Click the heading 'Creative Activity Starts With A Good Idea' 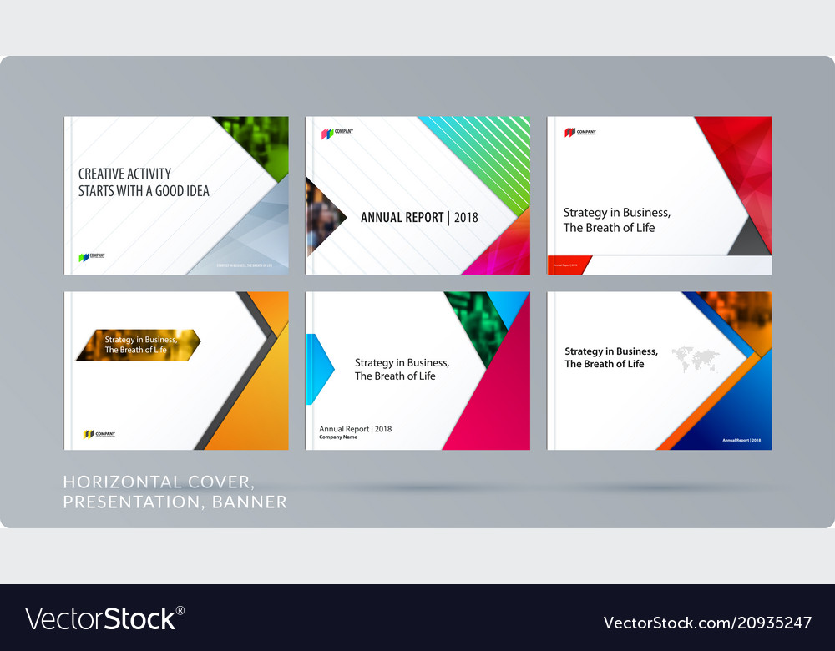point(144,182)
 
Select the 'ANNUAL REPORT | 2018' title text point(419,218)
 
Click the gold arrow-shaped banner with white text point(138,345)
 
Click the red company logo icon point(569,132)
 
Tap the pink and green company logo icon point(327,132)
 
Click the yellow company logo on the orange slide point(88,434)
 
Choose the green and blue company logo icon point(83,257)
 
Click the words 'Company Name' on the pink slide point(338,437)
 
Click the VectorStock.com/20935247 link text point(707,623)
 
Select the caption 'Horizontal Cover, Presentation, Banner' point(175,492)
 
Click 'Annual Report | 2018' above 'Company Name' point(355,429)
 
